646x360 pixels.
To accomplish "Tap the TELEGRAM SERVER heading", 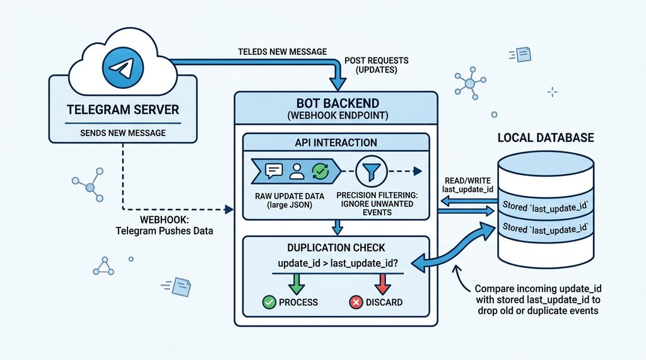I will pyautogui.click(x=123, y=109).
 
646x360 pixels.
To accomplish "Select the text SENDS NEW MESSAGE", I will pyautogui.click(x=123, y=132).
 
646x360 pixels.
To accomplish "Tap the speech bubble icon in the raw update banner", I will pyautogui.click(x=274, y=170).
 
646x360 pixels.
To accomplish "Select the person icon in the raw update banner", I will pyautogui.click(x=297, y=170).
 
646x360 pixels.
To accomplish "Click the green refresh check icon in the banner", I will pyautogui.click(x=320, y=170).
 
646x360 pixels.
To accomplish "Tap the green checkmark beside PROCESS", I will pyautogui.click(x=269, y=302).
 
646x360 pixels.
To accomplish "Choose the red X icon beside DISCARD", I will pyautogui.click(x=355, y=303).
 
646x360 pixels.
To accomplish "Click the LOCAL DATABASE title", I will pyautogui.click(x=546, y=137).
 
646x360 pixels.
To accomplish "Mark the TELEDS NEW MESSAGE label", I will pyautogui.click(x=282, y=51).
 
